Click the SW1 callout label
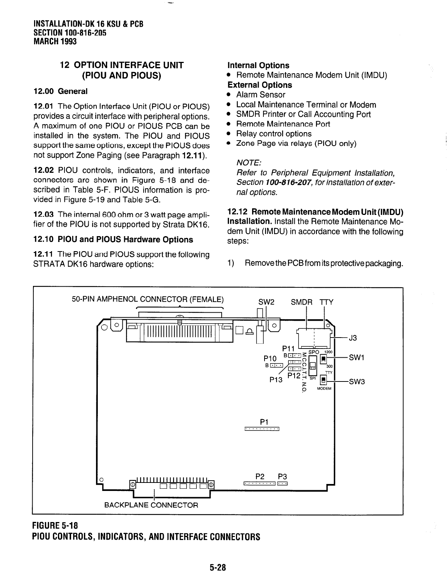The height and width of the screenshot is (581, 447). pos(356,357)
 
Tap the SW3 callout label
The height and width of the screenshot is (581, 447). pos(357,382)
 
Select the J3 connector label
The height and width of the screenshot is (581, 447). pos(352,338)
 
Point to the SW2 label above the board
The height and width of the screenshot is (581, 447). pos(266,302)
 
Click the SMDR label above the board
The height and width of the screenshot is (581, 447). pos(302,302)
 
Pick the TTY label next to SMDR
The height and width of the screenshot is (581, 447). pos(326,302)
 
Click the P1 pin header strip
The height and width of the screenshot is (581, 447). pos(262,429)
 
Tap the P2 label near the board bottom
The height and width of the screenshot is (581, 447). pos(260,476)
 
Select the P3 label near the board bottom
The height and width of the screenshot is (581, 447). pos(282,476)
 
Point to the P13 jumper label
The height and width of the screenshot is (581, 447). pos(276,380)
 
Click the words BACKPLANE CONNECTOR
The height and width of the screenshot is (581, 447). pos(151,505)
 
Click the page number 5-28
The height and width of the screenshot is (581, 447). pos(218,567)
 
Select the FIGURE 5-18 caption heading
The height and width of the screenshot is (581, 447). pos(55,526)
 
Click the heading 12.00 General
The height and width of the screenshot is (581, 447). pos(60,91)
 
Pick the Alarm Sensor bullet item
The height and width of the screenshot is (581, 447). pos(261,95)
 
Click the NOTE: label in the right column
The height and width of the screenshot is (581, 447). pos(249,163)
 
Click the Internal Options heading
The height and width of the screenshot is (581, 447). pos(258,66)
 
